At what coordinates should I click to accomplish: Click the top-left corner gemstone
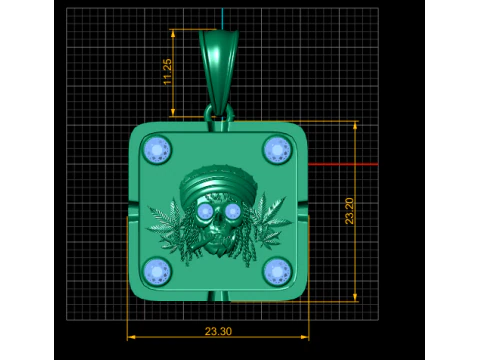pos(158,151)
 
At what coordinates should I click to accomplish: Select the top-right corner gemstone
pos(276,150)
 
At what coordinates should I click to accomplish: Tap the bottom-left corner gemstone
pos(158,271)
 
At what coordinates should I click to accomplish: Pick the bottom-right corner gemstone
pos(277,270)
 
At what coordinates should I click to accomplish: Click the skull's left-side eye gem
pos(204,212)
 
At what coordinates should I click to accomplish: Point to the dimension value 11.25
pos(168,72)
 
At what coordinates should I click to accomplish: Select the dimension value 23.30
pos(217,331)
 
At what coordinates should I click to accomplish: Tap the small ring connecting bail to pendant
pos(218,114)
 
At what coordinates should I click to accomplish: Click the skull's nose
pos(218,228)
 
